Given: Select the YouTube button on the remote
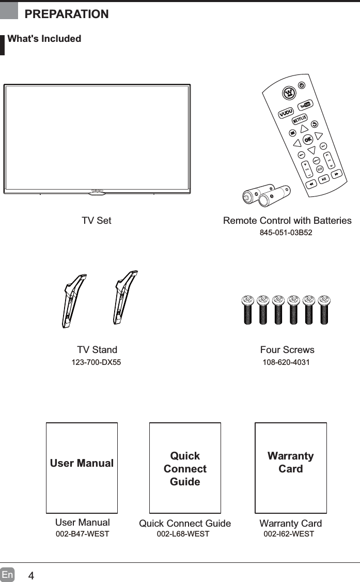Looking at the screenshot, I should pyautogui.click(x=305, y=105).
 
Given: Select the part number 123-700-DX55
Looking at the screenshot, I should pyautogui.click(x=96, y=362).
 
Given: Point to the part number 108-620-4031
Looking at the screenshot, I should pyautogui.click(x=287, y=362).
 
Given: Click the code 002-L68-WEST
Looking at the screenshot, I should pyautogui.click(x=183, y=534).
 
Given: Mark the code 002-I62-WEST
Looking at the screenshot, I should pyautogui.click(x=289, y=534).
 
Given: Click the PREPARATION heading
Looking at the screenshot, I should pyautogui.click(x=67, y=14).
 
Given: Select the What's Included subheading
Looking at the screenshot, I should pyautogui.click(x=44, y=39).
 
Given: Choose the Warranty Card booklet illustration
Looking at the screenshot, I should pyautogui.click(x=291, y=467).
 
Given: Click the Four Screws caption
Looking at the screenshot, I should pyautogui.click(x=287, y=350).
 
